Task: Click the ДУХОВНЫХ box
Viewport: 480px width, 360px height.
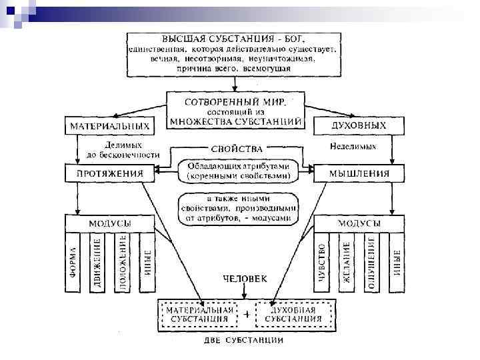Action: pos(358,125)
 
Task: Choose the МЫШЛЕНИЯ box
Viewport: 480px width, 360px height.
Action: pos(359,174)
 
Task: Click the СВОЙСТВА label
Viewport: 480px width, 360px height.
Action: pos(236,149)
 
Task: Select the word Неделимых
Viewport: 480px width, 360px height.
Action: pos(353,145)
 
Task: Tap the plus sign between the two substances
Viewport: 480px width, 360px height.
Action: pos(247,314)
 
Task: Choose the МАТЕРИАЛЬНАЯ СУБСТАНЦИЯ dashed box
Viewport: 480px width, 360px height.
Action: pos(199,315)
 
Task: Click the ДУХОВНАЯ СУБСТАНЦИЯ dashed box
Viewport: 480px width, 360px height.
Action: pos(294,315)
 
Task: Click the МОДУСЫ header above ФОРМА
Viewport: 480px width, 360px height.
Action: pos(109,223)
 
